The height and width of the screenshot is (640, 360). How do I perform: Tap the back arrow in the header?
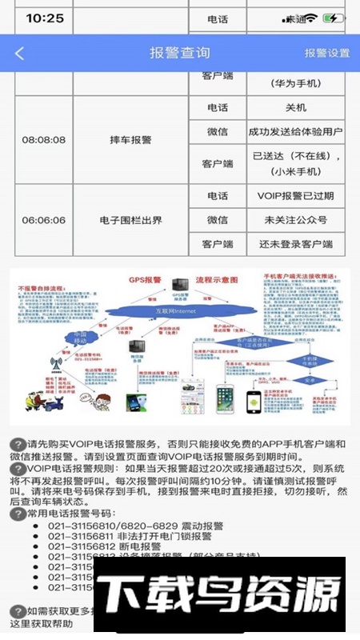(20, 54)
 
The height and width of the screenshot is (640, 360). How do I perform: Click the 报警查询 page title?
(180, 54)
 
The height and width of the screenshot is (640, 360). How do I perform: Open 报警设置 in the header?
(327, 54)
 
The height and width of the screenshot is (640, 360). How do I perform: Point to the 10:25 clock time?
(45, 18)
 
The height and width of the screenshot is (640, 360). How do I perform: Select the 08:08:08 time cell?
(44, 140)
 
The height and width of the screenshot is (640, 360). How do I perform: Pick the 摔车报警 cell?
(130, 140)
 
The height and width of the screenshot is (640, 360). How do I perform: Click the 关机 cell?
(294, 108)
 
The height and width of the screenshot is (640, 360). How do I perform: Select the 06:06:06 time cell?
(44, 220)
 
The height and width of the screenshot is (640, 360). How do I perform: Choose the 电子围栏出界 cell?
(130, 220)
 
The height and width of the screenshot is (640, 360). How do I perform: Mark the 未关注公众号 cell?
(294, 220)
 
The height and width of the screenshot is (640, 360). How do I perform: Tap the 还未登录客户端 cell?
(294, 244)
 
